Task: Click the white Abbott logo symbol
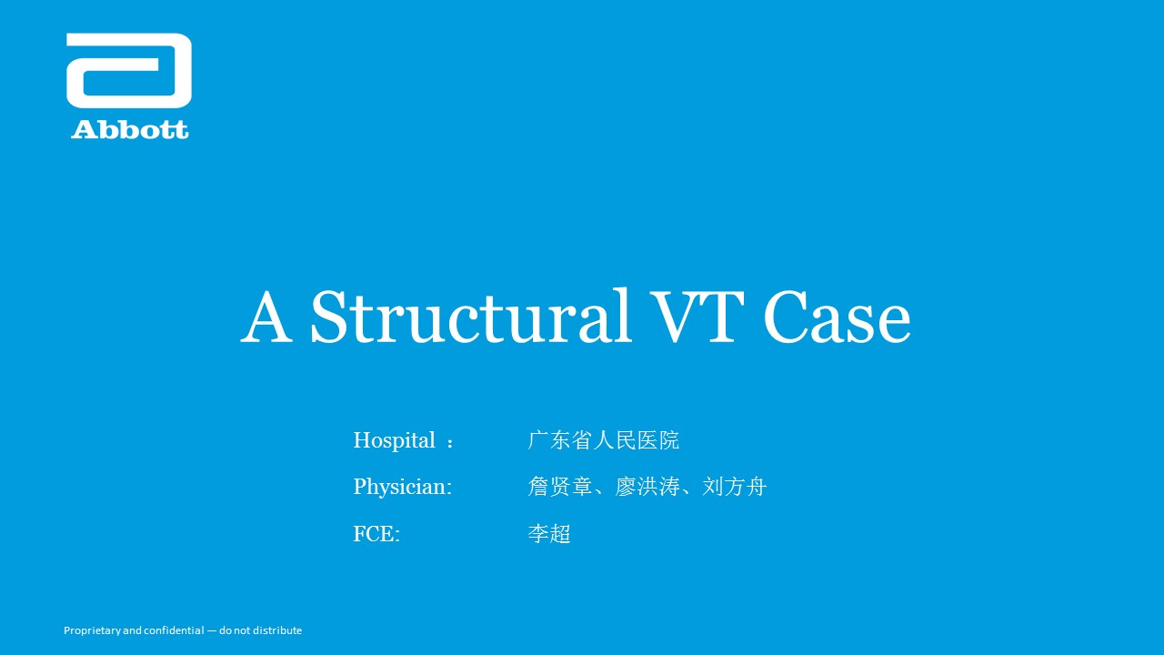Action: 129,71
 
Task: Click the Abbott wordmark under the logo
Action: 129,130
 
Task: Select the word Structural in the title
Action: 471,317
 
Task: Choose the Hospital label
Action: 394,441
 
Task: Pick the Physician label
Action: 402,487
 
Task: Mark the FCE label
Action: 376,534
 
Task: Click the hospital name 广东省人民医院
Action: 603,440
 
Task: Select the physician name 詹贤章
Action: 559,487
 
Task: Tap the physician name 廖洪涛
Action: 647,487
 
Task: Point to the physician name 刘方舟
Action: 734,487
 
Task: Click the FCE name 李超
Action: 549,534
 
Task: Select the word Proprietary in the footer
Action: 92,630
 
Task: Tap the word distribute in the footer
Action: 277,630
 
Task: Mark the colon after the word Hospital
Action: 450,442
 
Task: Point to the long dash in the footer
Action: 212,630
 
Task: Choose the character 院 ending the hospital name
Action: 669,440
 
